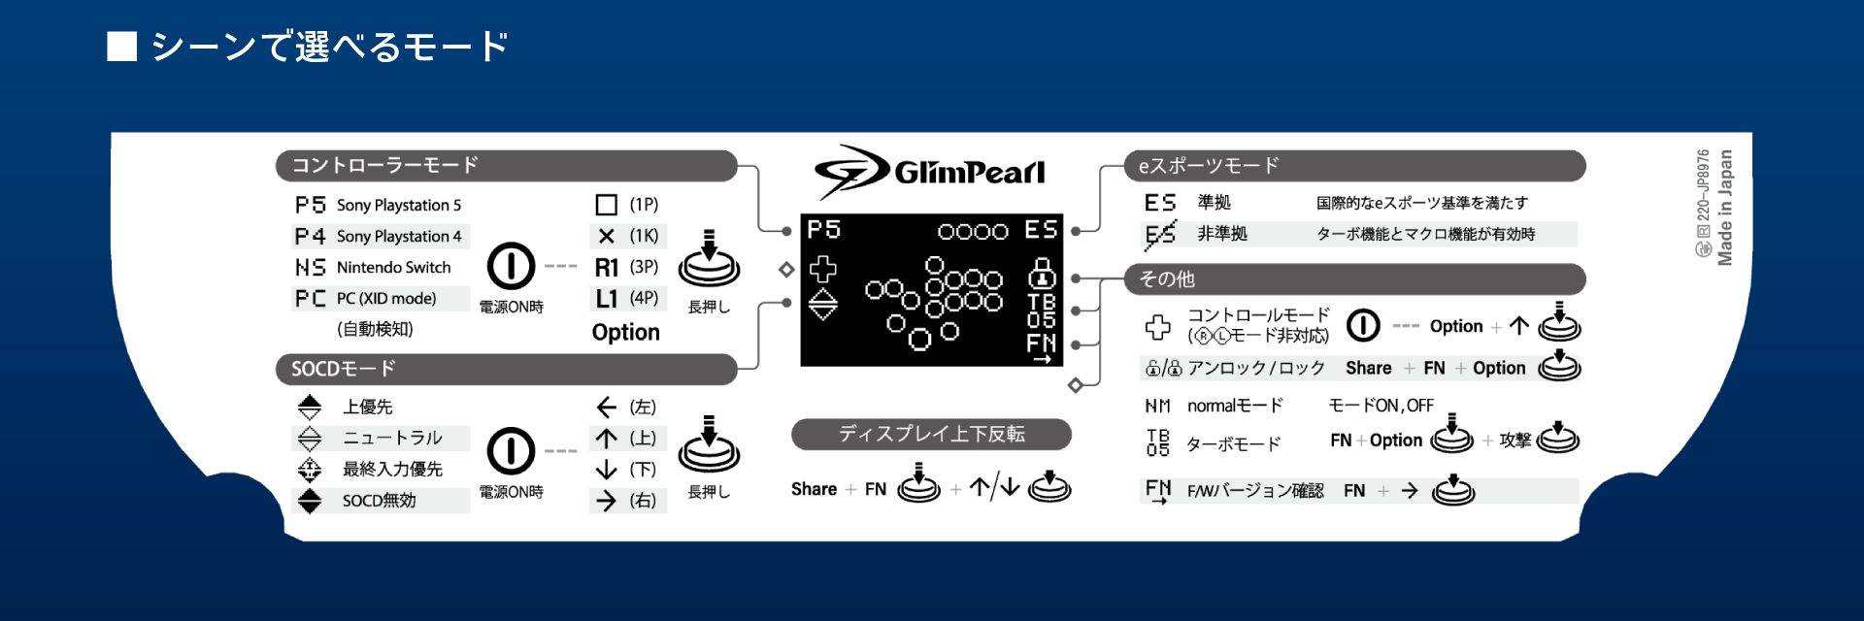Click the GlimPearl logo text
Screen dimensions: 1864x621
pyautogui.click(x=969, y=173)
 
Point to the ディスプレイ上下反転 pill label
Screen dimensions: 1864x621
pyautogui.click(x=931, y=435)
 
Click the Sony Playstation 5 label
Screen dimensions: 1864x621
pyautogui.click(x=399, y=206)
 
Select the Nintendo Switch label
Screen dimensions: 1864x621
pyautogui.click(x=394, y=267)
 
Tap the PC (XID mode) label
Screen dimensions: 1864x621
pyautogui.click(x=386, y=299)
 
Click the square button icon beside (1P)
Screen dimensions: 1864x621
pyautogui.click(x=607, y=205)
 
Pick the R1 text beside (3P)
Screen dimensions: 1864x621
pyautogui.click(x=607, y=267)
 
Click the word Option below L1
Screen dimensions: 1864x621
pyautogui.click(x=626, y=333)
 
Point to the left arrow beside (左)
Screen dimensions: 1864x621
pyautogui.click(x=607, y=408)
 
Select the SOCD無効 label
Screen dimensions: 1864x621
pyautogui.click(x=379, y=501)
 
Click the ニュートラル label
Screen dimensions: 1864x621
pyautogui.click(x=392, y=439)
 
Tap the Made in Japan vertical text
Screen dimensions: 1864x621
pyautogui.click(x=1725, y=208)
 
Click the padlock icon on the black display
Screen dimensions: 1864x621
pyautogui.click(x=1042, y=273)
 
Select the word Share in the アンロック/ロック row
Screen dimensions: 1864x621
pyautogui.click(x=1369, y=368)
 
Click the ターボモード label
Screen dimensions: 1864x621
pyautogui.click(x=1234, y=444)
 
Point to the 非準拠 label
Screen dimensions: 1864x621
pyautogui.click(x=1222, y=234)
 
